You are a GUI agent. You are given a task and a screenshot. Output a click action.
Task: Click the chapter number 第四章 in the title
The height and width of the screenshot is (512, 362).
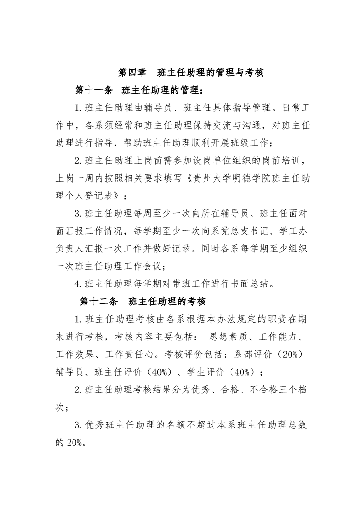click(x=132, y=72)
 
